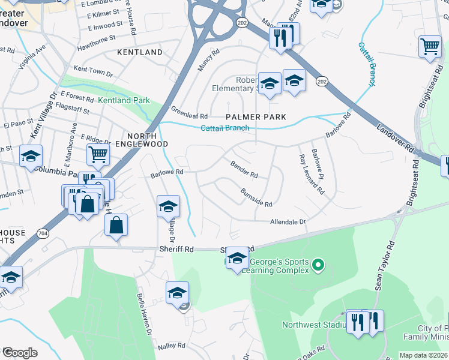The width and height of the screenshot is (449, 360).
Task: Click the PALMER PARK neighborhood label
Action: coord(256,116)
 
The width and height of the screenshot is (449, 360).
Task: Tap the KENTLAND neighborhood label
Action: coord(140,53)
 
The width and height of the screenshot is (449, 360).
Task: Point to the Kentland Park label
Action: coord(124,100)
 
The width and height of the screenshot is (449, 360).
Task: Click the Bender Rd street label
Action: coord(244,169)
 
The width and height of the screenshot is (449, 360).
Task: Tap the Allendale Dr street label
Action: coord(288,221)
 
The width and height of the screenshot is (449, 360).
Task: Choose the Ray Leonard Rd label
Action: coord(312,175)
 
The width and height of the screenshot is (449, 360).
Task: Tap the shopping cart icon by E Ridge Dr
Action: coord(98,154)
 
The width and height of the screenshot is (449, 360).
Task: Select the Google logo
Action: coord(20,352)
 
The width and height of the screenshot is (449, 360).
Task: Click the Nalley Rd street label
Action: coord(171,346)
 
